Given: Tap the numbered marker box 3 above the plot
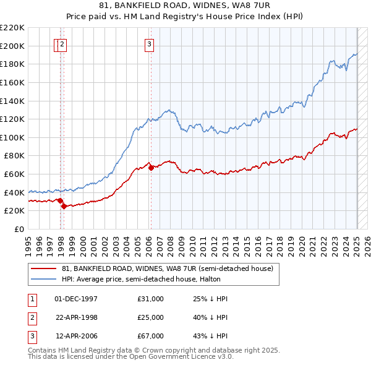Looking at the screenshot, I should [x=150, y=44].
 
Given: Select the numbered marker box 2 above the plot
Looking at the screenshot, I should [x=64, y=44].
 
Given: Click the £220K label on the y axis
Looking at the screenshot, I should [x=13, y=28].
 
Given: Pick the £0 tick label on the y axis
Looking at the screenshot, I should [x=20, y=229].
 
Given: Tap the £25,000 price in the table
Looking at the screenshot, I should [x=151, y=317].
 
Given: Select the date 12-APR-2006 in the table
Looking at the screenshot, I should [x=76, y=336].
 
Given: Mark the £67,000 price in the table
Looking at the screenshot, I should [x=151, y=336].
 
